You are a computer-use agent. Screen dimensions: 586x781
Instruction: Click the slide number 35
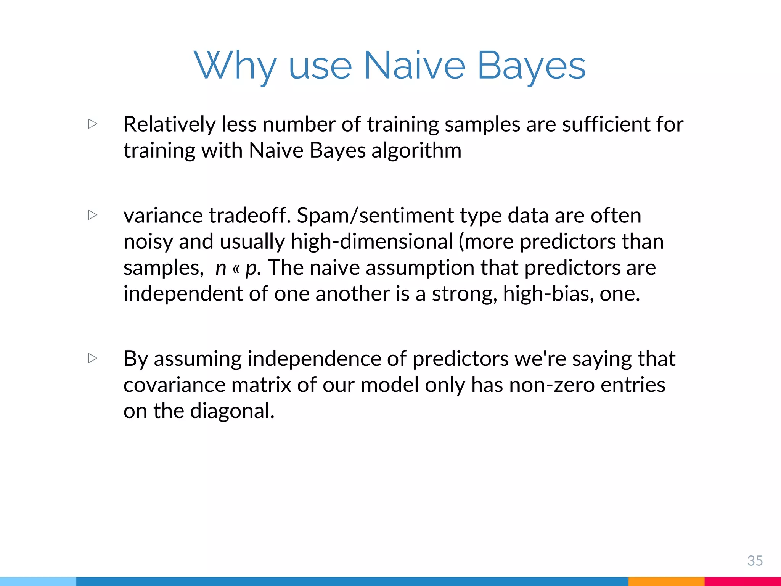755,560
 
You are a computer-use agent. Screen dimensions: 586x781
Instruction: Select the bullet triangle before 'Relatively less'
93,124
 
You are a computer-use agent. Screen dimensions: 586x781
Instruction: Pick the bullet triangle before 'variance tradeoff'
93,215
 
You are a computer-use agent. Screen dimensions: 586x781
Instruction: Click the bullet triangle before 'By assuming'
93,358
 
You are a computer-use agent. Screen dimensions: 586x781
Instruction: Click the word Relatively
170,124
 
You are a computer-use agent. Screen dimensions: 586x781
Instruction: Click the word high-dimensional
372,241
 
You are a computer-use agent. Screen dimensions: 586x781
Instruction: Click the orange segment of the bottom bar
666,581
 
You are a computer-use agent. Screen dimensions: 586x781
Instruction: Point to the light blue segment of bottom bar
38,581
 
